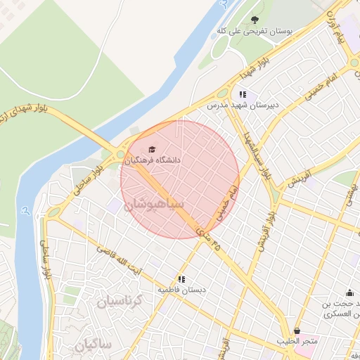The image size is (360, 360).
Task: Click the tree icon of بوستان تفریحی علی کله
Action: click(x=255, y=20)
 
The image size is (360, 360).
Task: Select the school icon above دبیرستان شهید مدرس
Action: click(x=243, y=94)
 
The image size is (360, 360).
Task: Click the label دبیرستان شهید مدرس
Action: click(x=238, y=105)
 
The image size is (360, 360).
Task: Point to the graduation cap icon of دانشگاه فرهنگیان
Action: click(x=152, y=149)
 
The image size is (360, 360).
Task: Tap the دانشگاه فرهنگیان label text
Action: click(x=153, y=160)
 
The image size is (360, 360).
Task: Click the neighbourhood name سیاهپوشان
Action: click(x=154, y=205)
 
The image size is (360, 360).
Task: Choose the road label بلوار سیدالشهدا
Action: click(x=257, y=154)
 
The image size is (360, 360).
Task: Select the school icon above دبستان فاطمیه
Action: click(x=181, y=279)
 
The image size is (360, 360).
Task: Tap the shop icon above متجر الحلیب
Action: click(x=297, y=330)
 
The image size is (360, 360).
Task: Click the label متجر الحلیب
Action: click(x=297, y=341)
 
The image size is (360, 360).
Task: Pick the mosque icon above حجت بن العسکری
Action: click(x=349, y=293)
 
